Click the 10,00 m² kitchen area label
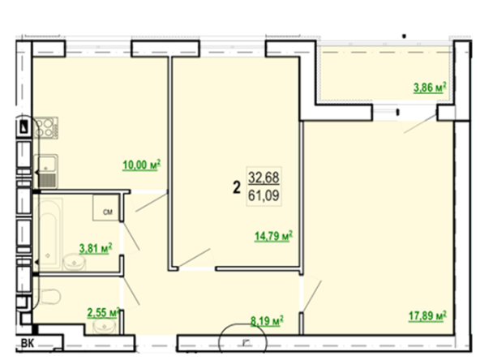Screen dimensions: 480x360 point(142,165)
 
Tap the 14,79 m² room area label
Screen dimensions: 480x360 point(274,236)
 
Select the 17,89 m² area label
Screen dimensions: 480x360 point(427,315)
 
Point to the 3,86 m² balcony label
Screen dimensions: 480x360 point(430,88)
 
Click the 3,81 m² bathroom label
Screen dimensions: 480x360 point(96,248)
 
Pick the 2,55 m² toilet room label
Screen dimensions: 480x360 point(103,312)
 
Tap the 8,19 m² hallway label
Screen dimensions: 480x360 point(267,321)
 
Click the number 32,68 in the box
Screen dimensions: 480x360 point(264,178)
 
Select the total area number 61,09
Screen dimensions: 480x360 point(264,195)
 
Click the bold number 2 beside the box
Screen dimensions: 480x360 point(237,187)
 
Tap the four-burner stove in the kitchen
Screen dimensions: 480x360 point(46,127)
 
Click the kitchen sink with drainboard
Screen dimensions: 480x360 point(45,171)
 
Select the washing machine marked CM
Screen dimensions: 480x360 point(106,208)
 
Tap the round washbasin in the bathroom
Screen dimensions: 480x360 point(74,264)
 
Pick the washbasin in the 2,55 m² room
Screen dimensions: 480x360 point(105,326)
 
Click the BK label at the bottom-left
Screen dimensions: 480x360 point(28,343)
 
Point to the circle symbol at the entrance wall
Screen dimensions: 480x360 point(242,341)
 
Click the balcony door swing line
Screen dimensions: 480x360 point(420,124)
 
